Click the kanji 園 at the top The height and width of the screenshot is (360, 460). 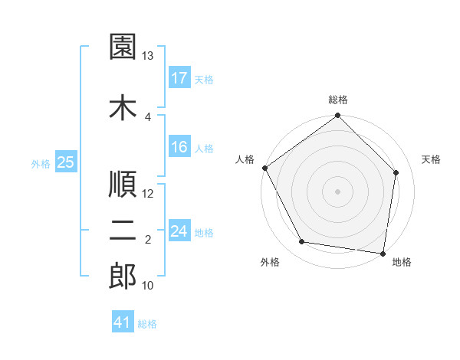tap(123, 47)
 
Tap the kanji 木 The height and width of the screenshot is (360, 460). tap(123, 106)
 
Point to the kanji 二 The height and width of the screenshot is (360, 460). tap(123, 232)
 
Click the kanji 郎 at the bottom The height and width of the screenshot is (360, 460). tap(123, 277)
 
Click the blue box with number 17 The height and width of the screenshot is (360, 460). tap(179, 78)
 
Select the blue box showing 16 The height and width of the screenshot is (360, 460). tap(179, 147)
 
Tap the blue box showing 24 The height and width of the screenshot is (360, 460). tap(179, 231)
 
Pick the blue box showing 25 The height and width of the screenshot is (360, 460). tap(65, 162)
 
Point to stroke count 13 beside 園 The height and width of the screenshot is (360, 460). tap(148, 56)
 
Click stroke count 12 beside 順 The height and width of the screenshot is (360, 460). tap(148, 193)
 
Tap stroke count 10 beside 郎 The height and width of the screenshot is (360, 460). tap(148, 286)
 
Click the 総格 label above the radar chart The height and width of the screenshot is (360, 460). tap(338, 100)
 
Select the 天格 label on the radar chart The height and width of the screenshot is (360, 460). tap(431, 159)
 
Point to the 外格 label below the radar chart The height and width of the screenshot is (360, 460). tap(270, 262)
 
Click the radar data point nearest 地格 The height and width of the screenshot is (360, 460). tap(383, 253)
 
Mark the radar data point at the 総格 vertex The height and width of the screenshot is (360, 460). tap(337, 116)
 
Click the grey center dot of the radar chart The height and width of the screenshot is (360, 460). tap(337, 191)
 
